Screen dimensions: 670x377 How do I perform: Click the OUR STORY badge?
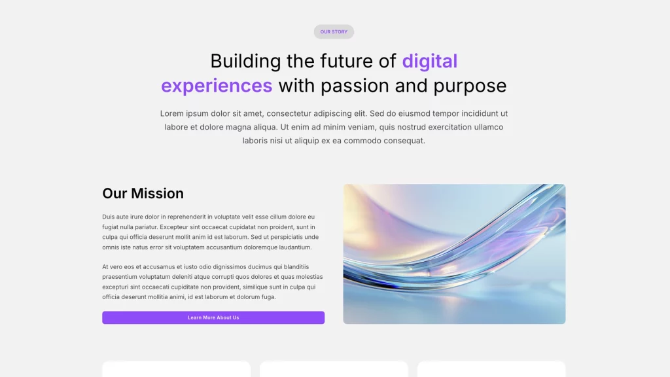tap(334, 31)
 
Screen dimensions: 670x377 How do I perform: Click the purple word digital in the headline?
tap(429, 61)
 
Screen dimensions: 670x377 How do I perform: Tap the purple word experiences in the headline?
tap(217, 86)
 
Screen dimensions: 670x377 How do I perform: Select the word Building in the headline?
tap(245, 62)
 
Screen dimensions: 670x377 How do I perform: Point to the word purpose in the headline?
tap(470, 86)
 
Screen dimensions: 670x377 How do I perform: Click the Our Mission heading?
tap(143, 193)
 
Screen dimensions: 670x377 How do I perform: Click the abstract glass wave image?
tap(454, 254)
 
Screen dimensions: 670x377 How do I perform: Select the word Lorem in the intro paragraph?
tap(172, 113)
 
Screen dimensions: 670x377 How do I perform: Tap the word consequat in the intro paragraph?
tap(404, 141)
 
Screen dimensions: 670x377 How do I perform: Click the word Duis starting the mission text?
tap(108, 217)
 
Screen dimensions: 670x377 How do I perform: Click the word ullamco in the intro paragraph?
tap(488, 127)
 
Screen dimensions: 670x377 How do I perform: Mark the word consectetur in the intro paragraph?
tap(289, 113)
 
